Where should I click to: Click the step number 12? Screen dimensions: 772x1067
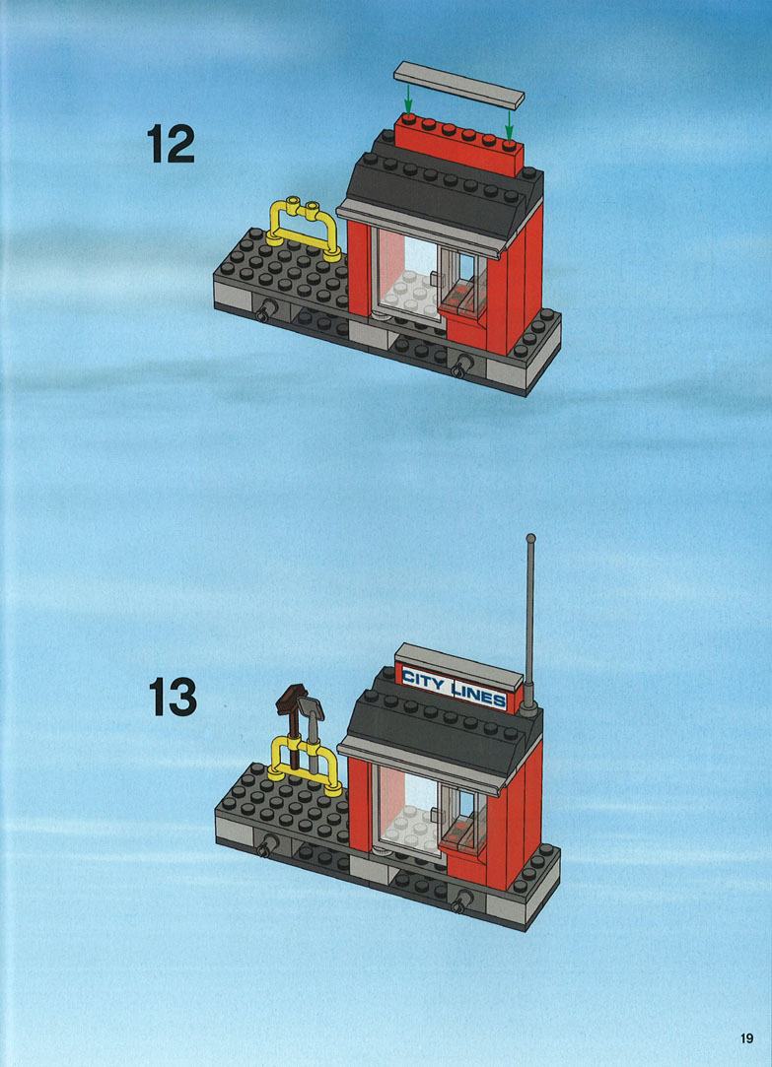tap(171, 144)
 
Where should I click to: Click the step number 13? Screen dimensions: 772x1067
tap(173, 697)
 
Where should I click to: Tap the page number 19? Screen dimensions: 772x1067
tap(746, 1038)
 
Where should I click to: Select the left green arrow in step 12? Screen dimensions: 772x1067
tap(408, 100)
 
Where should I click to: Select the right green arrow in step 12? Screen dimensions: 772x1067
tap(509, 126)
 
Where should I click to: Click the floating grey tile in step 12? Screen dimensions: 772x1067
tap(458, 85)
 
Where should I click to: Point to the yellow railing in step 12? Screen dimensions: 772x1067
tap(303, 230)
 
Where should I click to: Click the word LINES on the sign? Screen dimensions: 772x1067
tap(480, 695)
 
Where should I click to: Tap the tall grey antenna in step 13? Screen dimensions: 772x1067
tap(529, 625)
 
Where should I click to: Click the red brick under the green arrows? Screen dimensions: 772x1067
tap(459, 144)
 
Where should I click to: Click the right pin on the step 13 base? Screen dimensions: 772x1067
tap(461, 902)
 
